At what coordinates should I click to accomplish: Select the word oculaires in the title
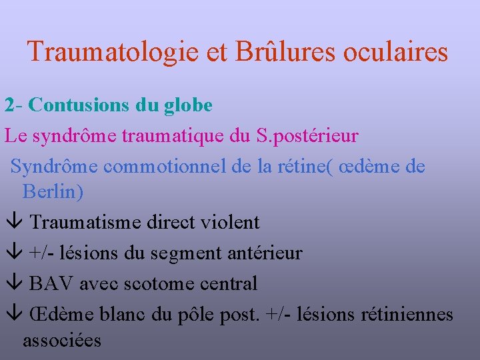tap(396, 52)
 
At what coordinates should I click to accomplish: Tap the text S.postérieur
tap(307, 136)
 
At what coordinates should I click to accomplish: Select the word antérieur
tap(265, 253)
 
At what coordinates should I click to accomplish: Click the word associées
tap(62, 341)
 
